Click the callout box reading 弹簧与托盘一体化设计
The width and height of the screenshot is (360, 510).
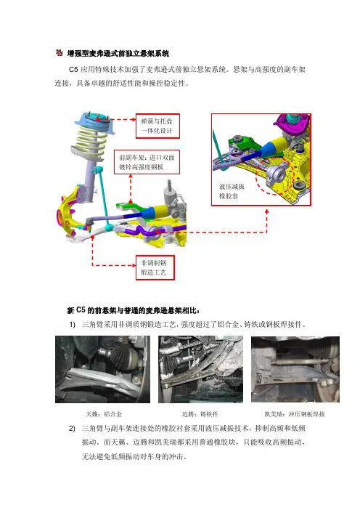(157, 126)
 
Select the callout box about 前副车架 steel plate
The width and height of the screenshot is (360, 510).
(147, 162)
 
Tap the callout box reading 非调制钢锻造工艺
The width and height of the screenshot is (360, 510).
(155, 267)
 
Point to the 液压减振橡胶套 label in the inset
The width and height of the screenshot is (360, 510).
(232, 191)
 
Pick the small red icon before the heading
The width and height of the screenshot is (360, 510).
(59, 53)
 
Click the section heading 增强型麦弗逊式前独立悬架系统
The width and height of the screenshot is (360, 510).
(118, 53)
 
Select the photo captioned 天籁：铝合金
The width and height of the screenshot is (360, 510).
(102, 370)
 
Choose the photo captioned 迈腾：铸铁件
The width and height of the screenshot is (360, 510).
(201, 370)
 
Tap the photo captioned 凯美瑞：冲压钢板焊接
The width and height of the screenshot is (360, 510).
(295, 370)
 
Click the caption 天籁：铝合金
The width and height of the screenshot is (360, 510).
(104, 414)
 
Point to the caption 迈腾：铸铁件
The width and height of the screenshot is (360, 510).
(200, 414)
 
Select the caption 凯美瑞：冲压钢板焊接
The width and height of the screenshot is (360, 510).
(295, 414)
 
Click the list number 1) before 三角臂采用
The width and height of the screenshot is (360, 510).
(72, 325)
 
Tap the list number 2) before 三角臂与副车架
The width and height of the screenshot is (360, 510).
(72, 429)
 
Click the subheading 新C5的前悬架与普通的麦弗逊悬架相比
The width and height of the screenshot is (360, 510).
(134, 310)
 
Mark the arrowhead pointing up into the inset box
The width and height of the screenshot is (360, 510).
(267, 211)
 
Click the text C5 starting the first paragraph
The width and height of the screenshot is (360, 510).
(73, 69)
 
